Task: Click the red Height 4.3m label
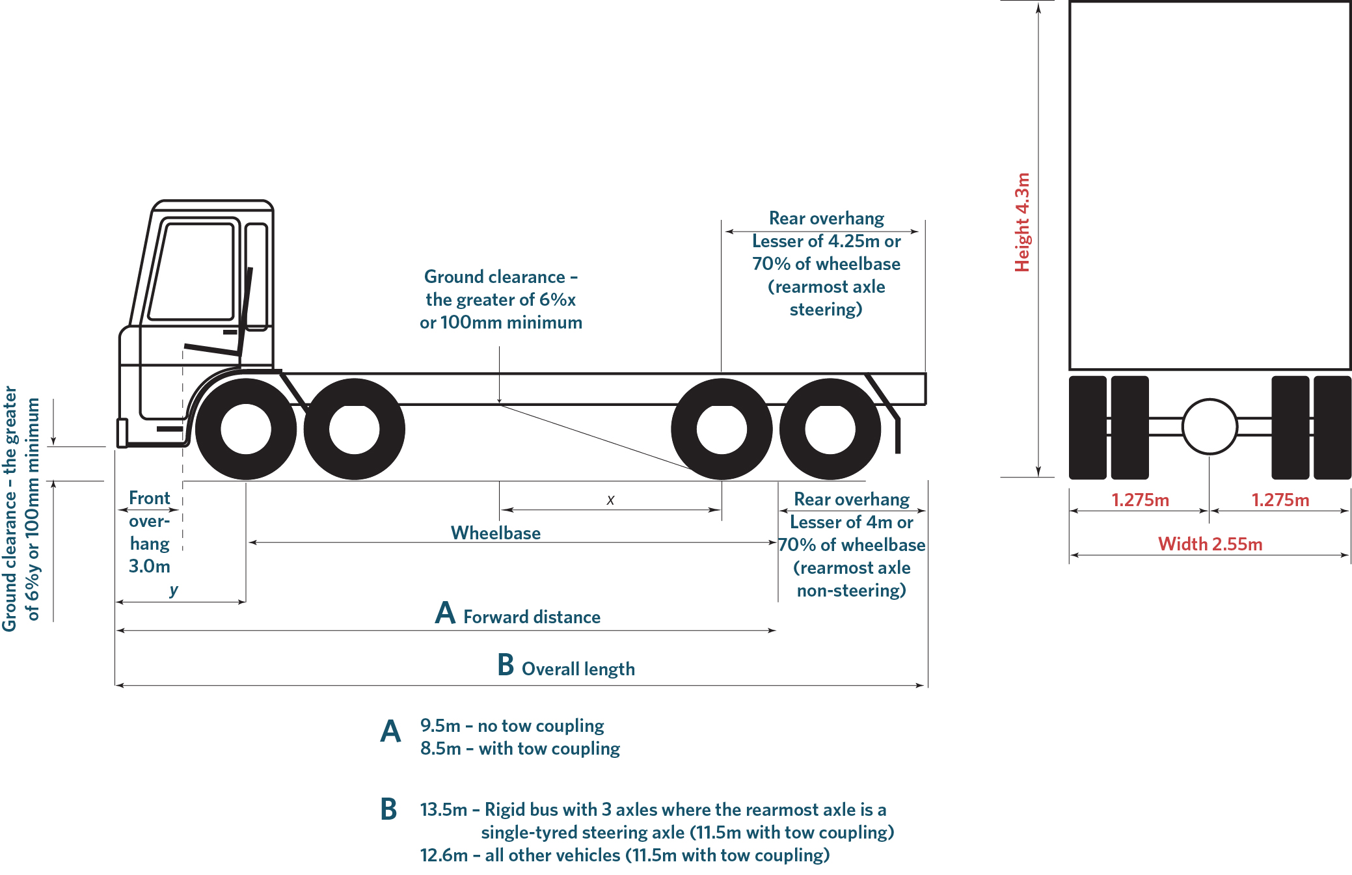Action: point(1022,222)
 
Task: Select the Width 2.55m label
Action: point(1210,544)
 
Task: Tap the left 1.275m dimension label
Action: point(1140,500)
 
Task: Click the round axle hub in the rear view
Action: point(1209,427)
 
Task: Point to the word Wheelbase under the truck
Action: point(496,533)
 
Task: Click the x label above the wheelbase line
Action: point(610,500)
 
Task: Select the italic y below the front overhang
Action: point(174,589)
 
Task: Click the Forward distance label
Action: point(531,617)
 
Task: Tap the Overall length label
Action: point(578,669)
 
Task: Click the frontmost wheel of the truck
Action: point(246,429)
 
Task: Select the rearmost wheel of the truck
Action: point(830,429)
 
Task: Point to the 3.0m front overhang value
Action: point(149,566)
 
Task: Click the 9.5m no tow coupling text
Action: point(512,725)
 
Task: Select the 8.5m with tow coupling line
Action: point(520,748)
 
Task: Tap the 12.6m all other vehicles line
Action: point(625,855)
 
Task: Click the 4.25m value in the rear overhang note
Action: point(854,241)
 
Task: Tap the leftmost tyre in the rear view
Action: point(1087,427)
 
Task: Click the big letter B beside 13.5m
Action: point(388,810)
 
